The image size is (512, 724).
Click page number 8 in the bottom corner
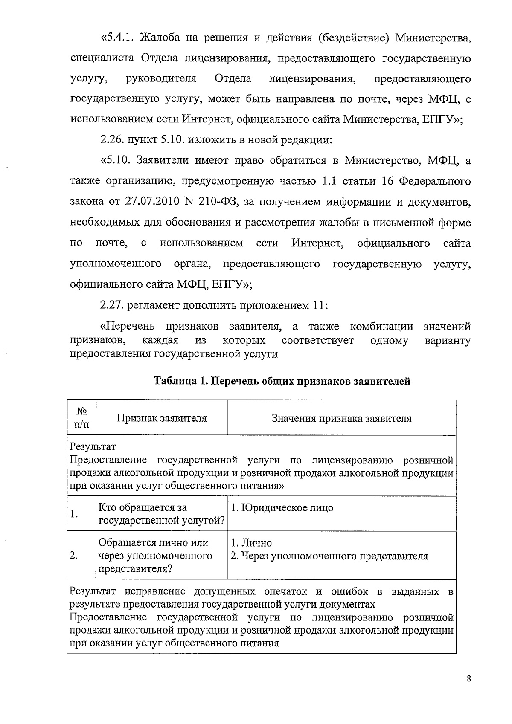469,679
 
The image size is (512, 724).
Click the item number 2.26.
112,140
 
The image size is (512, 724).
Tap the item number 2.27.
112,306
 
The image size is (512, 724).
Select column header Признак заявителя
162,418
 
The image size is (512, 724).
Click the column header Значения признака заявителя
341,418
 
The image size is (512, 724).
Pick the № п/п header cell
81,418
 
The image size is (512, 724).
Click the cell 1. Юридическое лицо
282,508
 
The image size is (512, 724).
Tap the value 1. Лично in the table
251,543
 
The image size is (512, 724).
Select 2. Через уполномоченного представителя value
329,556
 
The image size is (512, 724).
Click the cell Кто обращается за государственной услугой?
162,514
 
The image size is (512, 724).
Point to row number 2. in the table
74,556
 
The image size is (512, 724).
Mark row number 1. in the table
74,514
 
